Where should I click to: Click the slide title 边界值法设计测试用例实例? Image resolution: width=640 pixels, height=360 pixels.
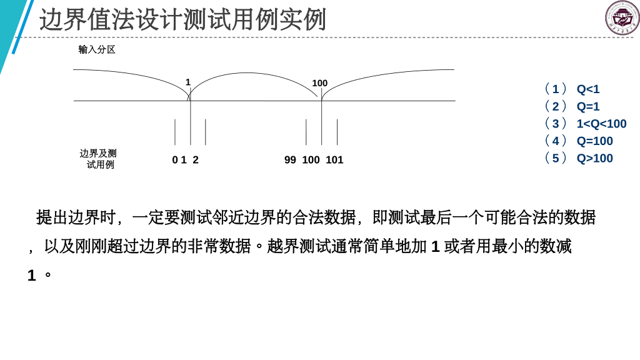point(182,20)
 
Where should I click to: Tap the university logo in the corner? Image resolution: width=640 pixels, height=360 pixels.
point(622,17)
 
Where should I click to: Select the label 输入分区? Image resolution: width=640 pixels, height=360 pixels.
point(97,49)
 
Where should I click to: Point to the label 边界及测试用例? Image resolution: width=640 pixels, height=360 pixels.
point(98,159)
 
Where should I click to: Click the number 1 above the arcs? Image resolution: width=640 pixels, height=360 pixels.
point(187,82)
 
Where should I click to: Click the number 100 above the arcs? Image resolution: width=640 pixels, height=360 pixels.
point(320,83)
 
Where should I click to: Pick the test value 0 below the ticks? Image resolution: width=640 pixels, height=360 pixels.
point(175,160)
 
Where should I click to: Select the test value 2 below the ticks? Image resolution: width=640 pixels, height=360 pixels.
point(196,160)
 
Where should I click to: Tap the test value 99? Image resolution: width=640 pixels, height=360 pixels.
point(290,160)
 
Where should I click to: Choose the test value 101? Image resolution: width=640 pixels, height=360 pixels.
point(334,160)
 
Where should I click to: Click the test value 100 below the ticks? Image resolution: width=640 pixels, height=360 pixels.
point(311,160)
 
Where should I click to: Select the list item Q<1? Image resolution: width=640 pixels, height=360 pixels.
point(587,89)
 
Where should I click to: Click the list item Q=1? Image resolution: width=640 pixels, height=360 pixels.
point(587,107)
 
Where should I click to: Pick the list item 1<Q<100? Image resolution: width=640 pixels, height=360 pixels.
point(601,124)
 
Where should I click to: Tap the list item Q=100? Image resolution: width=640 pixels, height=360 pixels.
point(594,141)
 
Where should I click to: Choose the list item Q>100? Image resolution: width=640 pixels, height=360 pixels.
point(594,159)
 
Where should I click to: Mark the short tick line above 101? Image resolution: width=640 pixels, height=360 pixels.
point(337,132)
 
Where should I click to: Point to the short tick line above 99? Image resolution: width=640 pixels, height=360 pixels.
point(306,132)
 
